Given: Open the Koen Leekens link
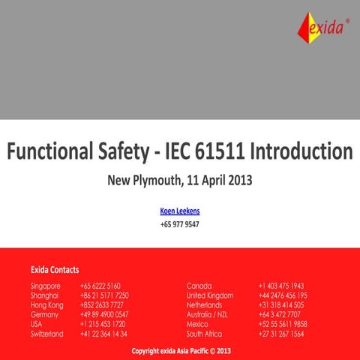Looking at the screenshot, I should tap(180, 211).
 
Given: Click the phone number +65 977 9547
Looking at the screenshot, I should tap(180, 223).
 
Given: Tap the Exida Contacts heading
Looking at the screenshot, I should tap(55, 269).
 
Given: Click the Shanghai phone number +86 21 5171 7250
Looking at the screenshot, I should tap(104, 295).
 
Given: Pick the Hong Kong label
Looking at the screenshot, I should tap(47, 305).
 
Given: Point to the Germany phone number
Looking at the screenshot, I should tap(104, 315).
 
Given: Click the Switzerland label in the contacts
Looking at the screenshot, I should tap(47, 334).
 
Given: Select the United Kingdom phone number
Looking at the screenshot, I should tap(283, 295).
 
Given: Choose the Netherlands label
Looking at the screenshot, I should tap(205, 305).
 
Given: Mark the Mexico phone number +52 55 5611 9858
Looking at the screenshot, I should tap(283, 324).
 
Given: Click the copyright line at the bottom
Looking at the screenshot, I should tap(181, 350).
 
